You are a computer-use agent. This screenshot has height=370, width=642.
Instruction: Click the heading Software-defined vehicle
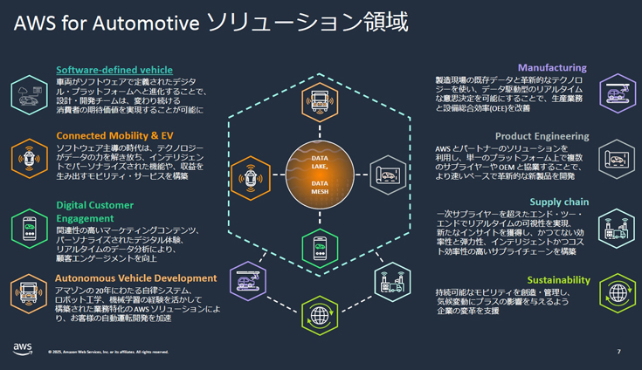(114, 70)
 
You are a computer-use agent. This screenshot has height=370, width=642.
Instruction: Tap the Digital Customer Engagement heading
(95, 212)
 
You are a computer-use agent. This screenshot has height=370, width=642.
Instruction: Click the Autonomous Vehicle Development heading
(136, 278)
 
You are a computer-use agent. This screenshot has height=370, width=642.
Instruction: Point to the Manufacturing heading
(552, 67)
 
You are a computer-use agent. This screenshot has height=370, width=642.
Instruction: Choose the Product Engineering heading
(542, 136)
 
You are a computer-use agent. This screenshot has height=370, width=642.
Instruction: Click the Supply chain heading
(559, 202)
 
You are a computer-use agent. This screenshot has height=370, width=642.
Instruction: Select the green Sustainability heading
(558, 280)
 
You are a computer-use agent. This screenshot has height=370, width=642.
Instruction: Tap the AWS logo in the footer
(23, 349)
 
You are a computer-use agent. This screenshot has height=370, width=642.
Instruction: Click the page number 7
(618, 352)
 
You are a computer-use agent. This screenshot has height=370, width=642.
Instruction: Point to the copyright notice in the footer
(108, 353)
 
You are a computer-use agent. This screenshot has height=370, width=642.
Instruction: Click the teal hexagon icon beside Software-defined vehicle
(29, 94)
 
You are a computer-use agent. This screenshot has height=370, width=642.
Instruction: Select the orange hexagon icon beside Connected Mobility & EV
(29, 158)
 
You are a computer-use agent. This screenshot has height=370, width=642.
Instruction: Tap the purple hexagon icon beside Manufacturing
(617, 92)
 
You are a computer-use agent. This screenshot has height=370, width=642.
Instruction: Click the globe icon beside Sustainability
(617, 292)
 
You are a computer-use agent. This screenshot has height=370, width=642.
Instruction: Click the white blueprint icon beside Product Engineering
(617, 158)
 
